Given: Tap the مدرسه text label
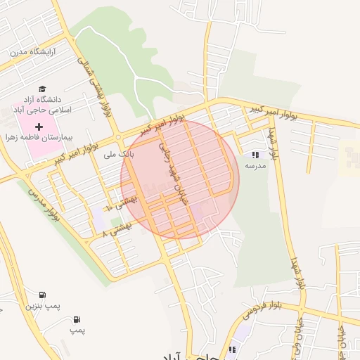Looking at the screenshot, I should coord(255,165).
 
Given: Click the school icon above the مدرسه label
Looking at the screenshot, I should coord(255,155).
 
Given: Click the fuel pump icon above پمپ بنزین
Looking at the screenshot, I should coord(42,295).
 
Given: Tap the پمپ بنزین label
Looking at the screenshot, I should coord(40,307).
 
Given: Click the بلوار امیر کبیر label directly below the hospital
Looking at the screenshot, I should coord(79,150).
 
